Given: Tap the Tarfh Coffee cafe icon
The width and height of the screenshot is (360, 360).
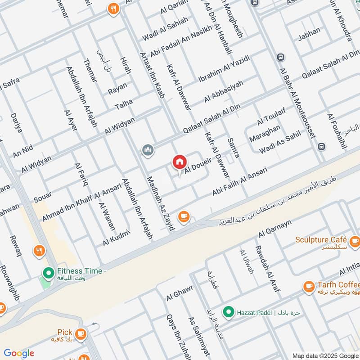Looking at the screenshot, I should pos(308,286).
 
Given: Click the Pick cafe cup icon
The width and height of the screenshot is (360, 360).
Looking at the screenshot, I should pos(81,333).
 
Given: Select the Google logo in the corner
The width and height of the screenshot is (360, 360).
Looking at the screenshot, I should pos(19,353).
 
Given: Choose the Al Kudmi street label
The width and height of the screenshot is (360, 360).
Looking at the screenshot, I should pos(116,238).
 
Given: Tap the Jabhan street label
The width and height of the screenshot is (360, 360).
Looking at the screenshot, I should pos(310,31).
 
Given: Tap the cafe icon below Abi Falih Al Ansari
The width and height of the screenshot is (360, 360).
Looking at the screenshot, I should pos(183,216).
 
